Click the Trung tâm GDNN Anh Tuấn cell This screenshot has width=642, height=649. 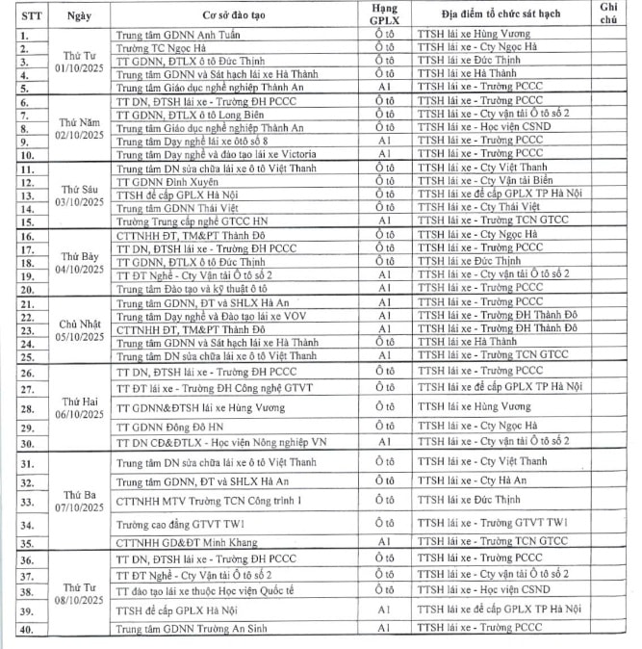coord(178,34)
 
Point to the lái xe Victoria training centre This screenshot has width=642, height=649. coord(211,153)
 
